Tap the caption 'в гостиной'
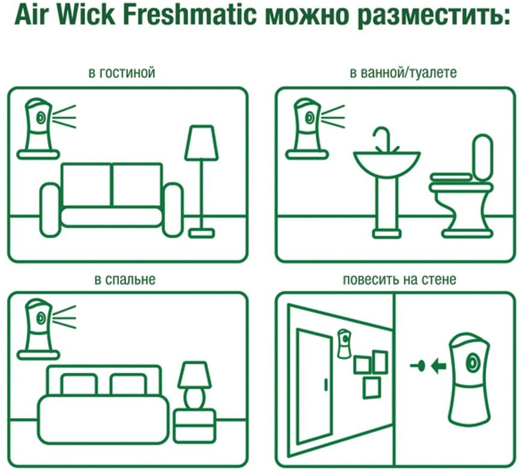(x=122, y=72)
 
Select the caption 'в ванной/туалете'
(x=404, y=73)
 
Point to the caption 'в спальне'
(x=125, y=279)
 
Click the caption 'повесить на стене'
(x=399, y=280)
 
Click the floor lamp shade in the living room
(x=202, y=143)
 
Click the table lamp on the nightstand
(x=195, y=386)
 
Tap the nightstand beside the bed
(x=195, y=426)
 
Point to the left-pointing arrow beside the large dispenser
(x=439, y=366)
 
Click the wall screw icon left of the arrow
(x=418, y=366)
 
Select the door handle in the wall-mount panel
(x=326, y=384)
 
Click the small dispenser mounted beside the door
(x=344, y=343)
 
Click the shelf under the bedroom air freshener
(x=38, y=356)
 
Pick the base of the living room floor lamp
(x=202, y=233)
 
